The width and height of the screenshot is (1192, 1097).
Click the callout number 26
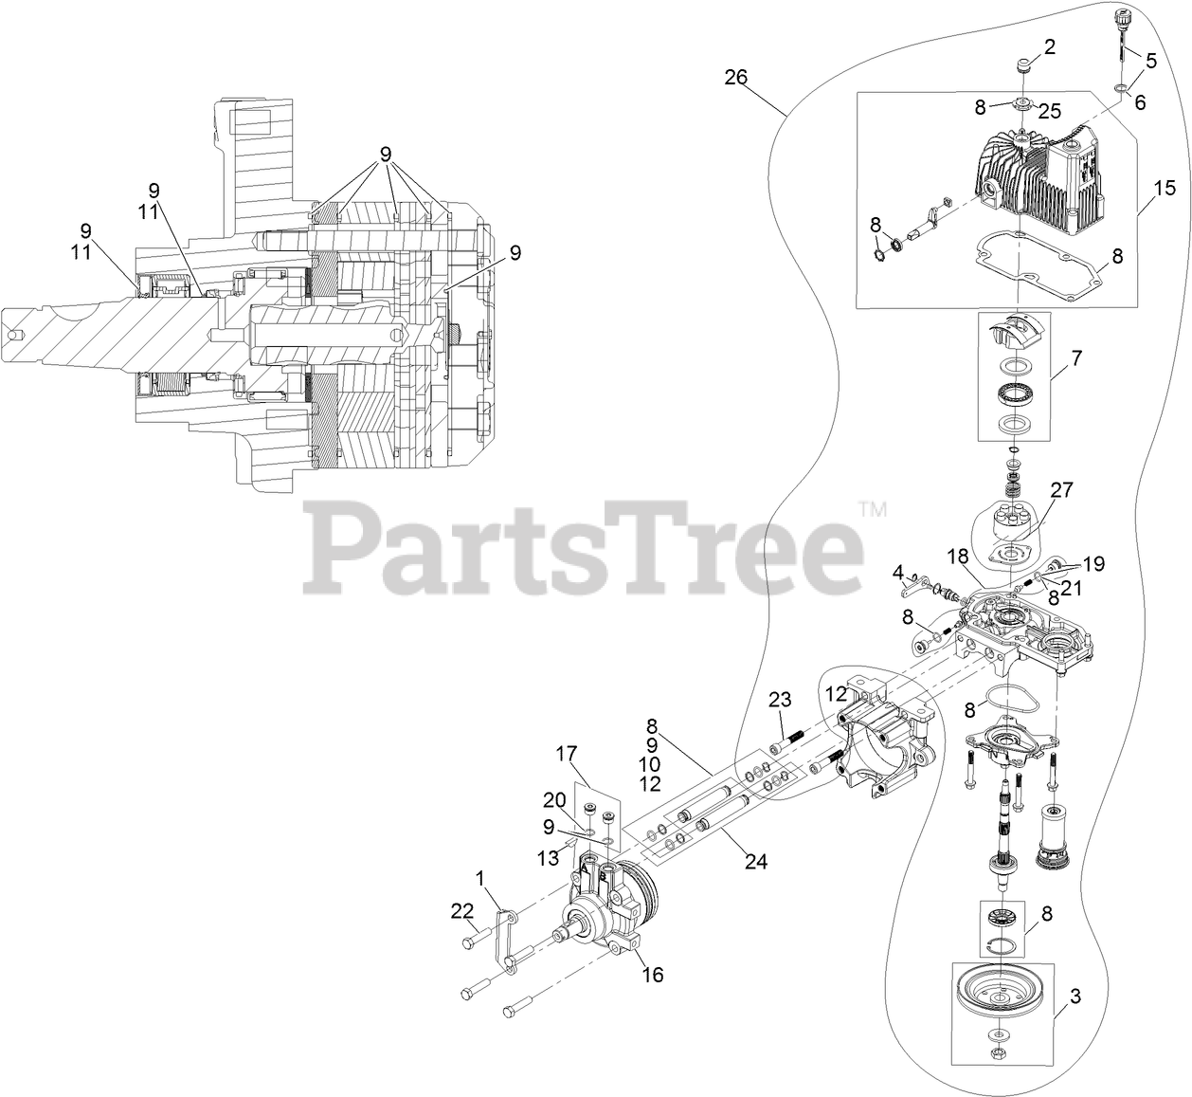(736, 77)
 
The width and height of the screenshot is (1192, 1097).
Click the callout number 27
(1061, 489)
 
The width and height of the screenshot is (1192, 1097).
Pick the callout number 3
(1074, 996)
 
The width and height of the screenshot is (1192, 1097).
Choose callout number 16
(651, 975)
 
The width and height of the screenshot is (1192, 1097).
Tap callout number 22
(461, 911)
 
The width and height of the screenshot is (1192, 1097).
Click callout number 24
(754, 861)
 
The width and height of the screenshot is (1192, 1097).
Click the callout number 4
(896, 572)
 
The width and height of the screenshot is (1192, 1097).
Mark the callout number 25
(1048, 111)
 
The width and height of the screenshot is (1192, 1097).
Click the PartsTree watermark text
(583, 544)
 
